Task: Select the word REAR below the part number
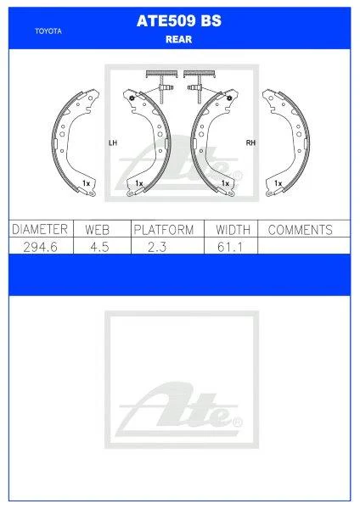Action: click(x=179, y=37)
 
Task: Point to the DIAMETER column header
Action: click(x=39, y=230)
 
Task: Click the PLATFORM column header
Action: click(x=164, y=230)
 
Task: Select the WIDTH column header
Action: click(x=231, y=230)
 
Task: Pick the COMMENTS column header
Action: click(x=300, y=230)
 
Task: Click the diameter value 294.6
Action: click(x=39, y=245)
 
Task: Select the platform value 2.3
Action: click(x=164, y=245)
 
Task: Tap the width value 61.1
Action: click(x=231, y=245)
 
